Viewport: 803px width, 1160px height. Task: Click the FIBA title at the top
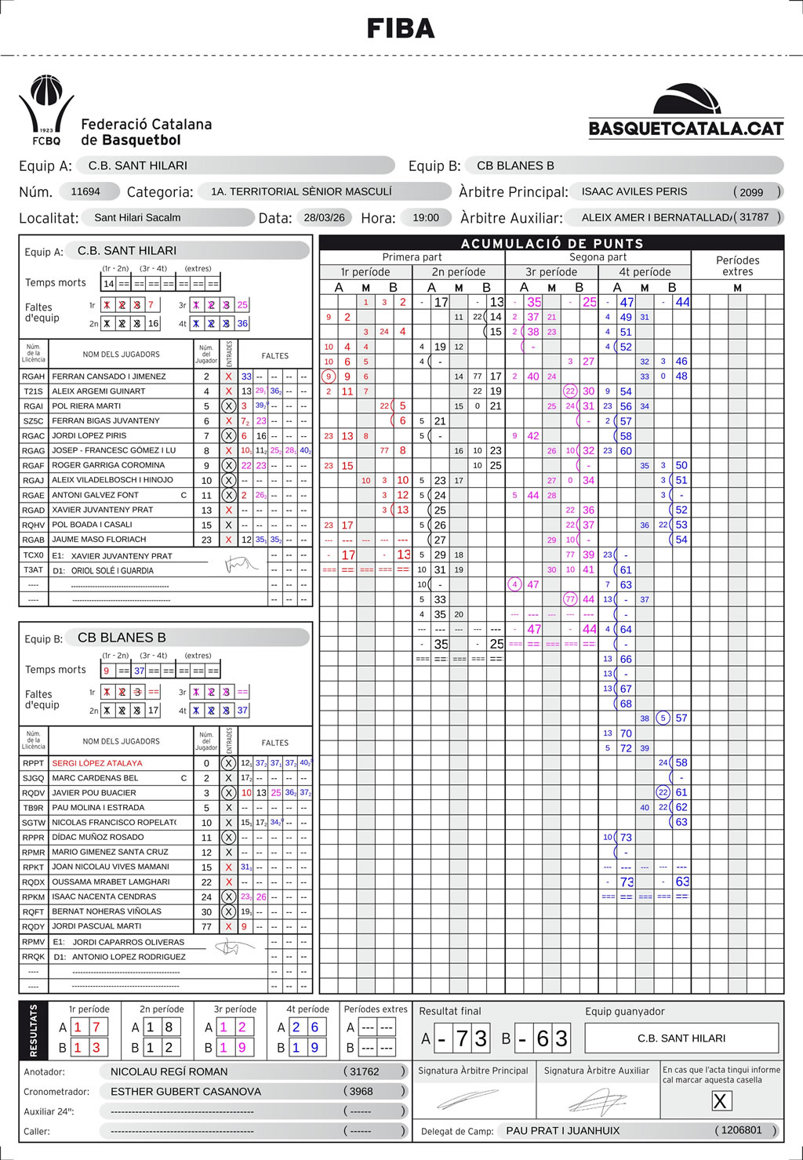click(401, 29)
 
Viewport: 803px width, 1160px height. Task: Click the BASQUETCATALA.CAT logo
click(685, 111)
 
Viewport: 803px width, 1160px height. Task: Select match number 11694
click(85, 191)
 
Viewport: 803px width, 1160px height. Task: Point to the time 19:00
click(425, 217)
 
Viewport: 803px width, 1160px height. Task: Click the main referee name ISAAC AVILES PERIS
click(634, 191)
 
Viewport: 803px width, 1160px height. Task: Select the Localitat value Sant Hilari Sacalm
click(137, 217)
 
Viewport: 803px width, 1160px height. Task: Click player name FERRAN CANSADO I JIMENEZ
click(109, 376)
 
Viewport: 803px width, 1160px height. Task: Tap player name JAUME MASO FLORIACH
click(99, 540)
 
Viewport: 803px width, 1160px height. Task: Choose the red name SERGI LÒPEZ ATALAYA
click(97, 763)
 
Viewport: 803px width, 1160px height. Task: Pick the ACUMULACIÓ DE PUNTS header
click(551, 244)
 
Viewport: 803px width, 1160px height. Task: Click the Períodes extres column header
click(737, 265)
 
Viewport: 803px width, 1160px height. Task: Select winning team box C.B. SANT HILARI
click(681, 1038)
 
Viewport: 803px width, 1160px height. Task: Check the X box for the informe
click(720, 1100)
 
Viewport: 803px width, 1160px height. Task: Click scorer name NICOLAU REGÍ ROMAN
click(169, 1071)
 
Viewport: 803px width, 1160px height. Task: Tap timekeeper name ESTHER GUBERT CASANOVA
click(186, 1091)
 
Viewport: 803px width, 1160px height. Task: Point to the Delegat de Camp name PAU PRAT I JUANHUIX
click(562, 1130)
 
